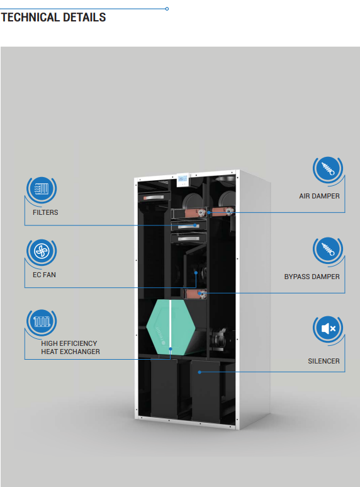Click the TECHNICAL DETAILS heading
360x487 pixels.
pos(53,18)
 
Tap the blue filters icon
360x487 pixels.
pos(42,188)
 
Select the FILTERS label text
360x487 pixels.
pos(45,212)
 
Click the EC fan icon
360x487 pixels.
pos(42,251)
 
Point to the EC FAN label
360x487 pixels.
pos(45,275)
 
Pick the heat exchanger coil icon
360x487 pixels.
pos(42,321)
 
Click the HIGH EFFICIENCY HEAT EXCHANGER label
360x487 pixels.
pos(70,348)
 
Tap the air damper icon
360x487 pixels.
pos(328,169)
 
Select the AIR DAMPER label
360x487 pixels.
pos(319,197)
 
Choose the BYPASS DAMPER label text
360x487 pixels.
pos(312,277)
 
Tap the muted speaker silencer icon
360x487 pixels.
pos(328,328)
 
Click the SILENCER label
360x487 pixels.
pos(323,361)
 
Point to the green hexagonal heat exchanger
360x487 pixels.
pos(171,327)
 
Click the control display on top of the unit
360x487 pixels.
pos(183,180)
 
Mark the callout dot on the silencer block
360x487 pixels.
pos(200,372)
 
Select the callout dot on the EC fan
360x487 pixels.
pos(196,273)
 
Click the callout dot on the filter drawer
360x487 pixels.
pos(195,225)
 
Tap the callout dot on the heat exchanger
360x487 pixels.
pos(171,349)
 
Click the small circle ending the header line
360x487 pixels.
pos(167,9)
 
